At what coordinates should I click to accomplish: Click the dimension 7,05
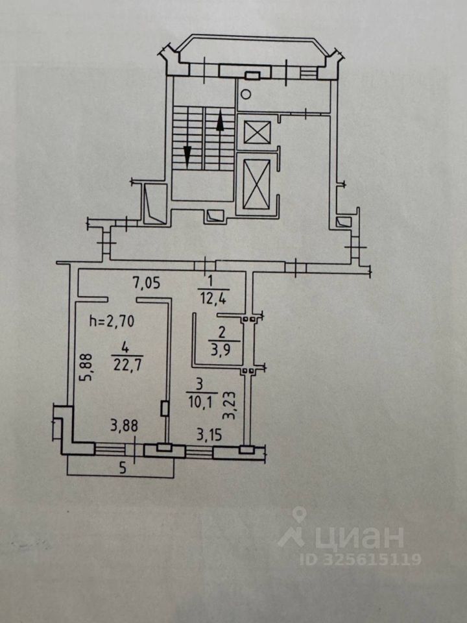(147, 282)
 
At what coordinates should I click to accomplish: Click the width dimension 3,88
(123, 426)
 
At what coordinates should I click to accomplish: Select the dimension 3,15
(209, 434)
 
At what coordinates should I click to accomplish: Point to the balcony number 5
(121, 471)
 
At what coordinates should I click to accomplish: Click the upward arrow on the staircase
(220, 122)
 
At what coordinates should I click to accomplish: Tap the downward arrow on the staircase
(187, 156)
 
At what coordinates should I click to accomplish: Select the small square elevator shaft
(254, 132)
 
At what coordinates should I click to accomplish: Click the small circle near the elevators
(245, 94)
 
